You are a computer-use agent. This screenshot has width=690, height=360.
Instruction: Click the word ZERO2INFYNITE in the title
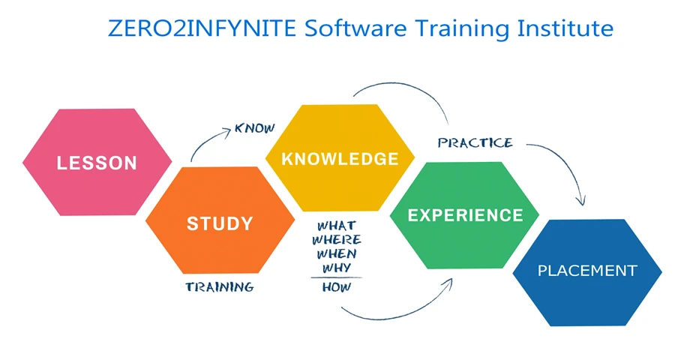(202, 28)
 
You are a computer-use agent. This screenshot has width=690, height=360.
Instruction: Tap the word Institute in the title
(565, 28)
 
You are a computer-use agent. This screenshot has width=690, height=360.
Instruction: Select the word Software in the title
(355, 28)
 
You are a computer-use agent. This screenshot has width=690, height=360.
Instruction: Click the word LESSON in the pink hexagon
(97, 163)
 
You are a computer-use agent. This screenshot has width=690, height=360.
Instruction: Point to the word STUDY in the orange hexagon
(220, 223)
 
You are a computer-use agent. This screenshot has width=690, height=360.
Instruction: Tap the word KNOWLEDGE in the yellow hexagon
(340, 159)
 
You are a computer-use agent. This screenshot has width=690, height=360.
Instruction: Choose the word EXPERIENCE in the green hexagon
(466, 215)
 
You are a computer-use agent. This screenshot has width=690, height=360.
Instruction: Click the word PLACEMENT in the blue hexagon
(587, 270)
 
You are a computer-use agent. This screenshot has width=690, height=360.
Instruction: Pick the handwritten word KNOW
(255, 128)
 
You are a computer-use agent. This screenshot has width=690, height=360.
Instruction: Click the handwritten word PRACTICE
(475, 142)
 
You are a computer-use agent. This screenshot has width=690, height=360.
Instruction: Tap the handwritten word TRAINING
(220, 287)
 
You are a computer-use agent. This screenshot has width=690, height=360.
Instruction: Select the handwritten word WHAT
(337, 226)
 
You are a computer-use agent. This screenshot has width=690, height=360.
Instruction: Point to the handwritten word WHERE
(337, 240)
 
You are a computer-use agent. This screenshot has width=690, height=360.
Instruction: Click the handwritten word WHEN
(337, 254)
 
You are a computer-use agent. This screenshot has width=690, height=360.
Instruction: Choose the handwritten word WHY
(337, 268)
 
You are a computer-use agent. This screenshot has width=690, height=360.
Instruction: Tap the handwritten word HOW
(337, 287)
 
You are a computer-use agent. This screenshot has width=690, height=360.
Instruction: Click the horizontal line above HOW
(337, 277)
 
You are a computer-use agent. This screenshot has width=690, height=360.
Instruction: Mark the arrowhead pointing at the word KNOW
(226, 131)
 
